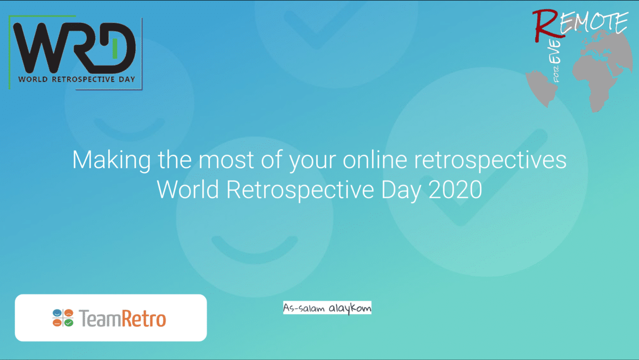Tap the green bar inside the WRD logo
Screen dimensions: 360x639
[114, 49]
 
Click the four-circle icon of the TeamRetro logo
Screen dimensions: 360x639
[63, 318]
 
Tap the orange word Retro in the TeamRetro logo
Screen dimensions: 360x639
[143, 318]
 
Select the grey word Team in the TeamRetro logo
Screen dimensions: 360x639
[100, 318]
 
